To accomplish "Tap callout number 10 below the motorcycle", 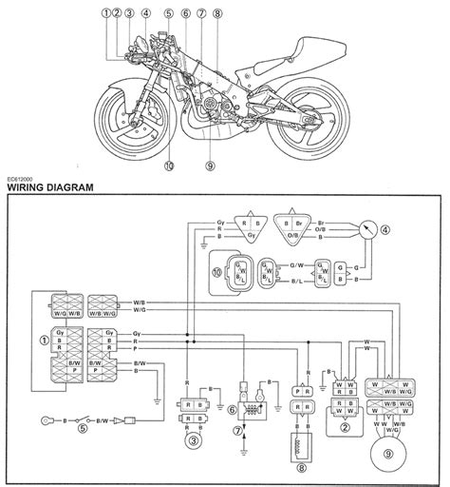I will tap(170, 165).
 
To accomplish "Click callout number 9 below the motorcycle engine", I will tap(211, 165).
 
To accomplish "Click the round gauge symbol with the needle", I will tap(366, 229).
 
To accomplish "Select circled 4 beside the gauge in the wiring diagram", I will tap(384, 229).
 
